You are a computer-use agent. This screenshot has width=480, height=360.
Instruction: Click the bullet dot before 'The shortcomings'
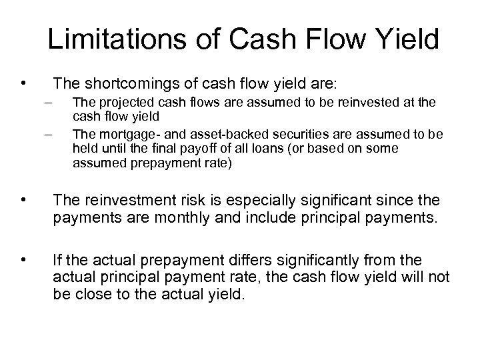pos(23,83)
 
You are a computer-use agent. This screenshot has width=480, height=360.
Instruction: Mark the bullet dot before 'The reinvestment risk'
pos(23,199)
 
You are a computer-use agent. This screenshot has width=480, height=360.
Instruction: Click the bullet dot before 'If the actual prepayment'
pos(23,256)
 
